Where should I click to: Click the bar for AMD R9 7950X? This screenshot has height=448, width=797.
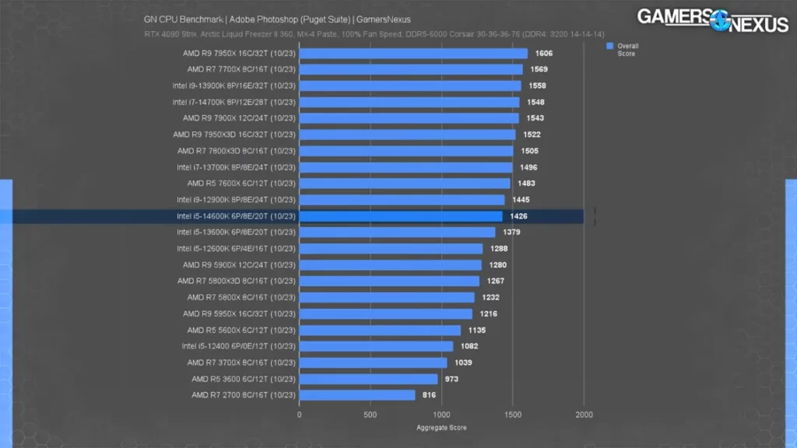point(413,54)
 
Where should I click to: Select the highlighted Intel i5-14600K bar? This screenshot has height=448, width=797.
point(401,216)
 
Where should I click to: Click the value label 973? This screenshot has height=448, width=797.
point(451,379)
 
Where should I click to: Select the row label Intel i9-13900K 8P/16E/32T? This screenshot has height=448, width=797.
point(233,86)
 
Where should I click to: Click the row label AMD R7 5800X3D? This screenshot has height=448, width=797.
point(236,281)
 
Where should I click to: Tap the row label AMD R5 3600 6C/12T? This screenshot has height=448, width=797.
point(243,379)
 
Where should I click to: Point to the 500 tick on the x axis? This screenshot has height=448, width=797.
point(370,415)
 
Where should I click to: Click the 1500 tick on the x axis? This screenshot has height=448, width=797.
point(512,415)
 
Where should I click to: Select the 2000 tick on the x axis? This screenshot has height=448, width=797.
point(584,415)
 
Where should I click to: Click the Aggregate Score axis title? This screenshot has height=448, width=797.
point(441,428)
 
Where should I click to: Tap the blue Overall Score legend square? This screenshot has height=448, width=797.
point(610,46)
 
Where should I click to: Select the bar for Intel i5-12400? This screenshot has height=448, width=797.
point(376,346)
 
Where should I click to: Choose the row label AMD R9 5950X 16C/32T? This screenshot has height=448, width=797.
point(239,313)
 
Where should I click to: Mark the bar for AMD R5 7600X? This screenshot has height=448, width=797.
point(404,184)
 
